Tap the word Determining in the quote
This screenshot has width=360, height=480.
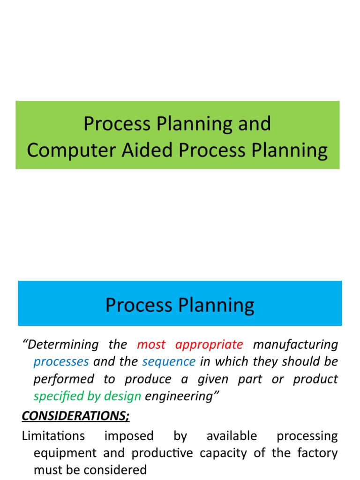[61, 345]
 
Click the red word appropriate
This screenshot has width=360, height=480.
[209, 345]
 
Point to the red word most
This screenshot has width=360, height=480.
[151, 345]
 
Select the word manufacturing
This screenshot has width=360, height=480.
[295, 345]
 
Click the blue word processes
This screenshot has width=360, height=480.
[61, 362]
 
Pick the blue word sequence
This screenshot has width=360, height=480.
[169, 362]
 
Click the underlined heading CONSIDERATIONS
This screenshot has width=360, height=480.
[76, 415]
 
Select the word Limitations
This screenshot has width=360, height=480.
[53, 436]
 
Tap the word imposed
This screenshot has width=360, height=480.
[129, 436]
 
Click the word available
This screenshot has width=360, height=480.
[232, 436]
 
